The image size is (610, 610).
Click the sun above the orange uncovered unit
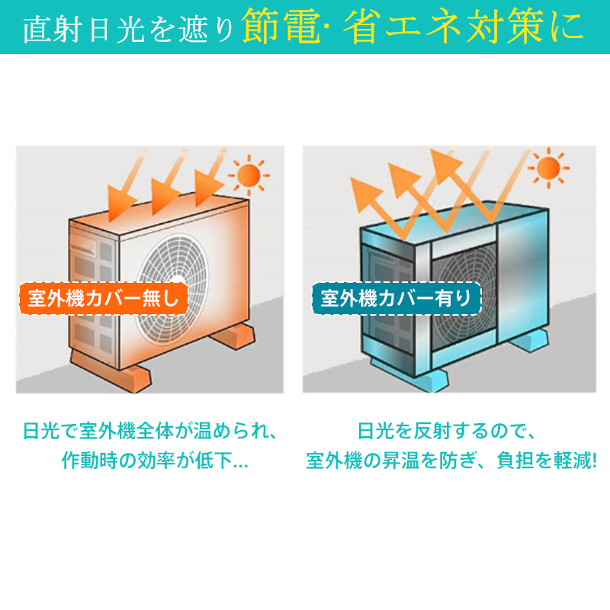249,175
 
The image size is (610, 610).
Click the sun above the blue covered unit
548,168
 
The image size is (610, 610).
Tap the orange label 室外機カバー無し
104,298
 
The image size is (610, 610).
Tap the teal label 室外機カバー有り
396,298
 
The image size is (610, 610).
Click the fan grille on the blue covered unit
465,296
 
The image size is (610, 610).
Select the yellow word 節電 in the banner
281,27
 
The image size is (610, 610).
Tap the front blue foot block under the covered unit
409,374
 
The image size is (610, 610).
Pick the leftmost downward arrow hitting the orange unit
127,187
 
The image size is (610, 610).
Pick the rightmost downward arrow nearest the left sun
210,179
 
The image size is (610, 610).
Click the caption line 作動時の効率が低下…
155,461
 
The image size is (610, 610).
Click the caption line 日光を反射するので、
448,431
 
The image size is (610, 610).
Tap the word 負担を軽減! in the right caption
547,461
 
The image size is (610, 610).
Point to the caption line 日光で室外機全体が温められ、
150,431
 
